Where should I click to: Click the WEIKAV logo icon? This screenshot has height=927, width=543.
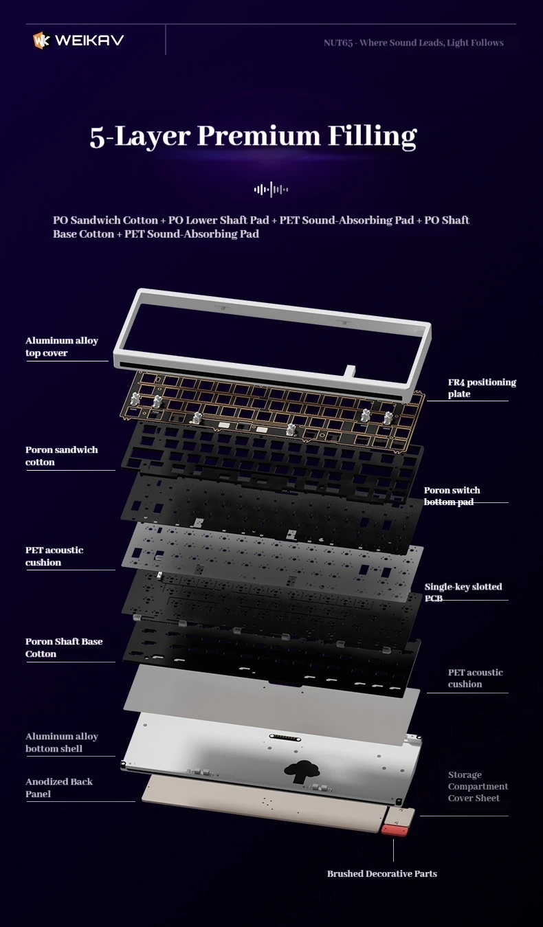pyautogui.click(x=41, y=41)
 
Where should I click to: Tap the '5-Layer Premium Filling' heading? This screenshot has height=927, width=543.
pyautogui.click(x=254, y=136)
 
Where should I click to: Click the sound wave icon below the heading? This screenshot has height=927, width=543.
pyautogui.click(x=271, y=190)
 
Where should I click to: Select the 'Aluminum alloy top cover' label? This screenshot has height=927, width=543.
pyautogui.click(x=62, y=346)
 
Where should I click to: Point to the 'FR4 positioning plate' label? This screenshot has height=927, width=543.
pyautogui.click(x=482, y=388)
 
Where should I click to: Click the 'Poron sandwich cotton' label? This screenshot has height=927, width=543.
pyautogui.click(x=62, y=456)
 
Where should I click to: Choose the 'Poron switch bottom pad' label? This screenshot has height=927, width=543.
pyautogui.click(x=452, y=495)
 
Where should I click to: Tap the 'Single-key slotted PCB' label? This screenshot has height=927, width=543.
pyautogui.click(x=463, y=592)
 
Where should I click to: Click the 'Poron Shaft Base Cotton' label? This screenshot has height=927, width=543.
pyautogui.click(x=64, y=647)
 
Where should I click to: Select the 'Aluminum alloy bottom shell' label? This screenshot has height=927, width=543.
pyautogui.click(x=62, y=742)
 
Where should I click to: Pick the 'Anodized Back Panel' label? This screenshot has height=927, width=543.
pyautogui.click(x=59, y=788)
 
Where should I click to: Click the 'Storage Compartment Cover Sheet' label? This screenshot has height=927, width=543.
pyautogui.click(x=478, y=786)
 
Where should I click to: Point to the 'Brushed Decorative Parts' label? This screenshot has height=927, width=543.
pyautogui.click(x=382, y=873)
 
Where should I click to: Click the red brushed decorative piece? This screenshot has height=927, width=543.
pyautogui.click(x=395, y=829)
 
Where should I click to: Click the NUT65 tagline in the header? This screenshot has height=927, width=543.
pyautogui.click(x=414, y=43)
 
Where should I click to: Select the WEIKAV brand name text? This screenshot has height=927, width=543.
pyautogui.click(x=89, y=40)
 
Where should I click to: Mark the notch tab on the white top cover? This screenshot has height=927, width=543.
pyautogui.click(x=351, y=371)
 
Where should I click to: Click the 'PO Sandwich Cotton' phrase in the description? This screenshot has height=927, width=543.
pyautogui.click(x=106, y=220)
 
